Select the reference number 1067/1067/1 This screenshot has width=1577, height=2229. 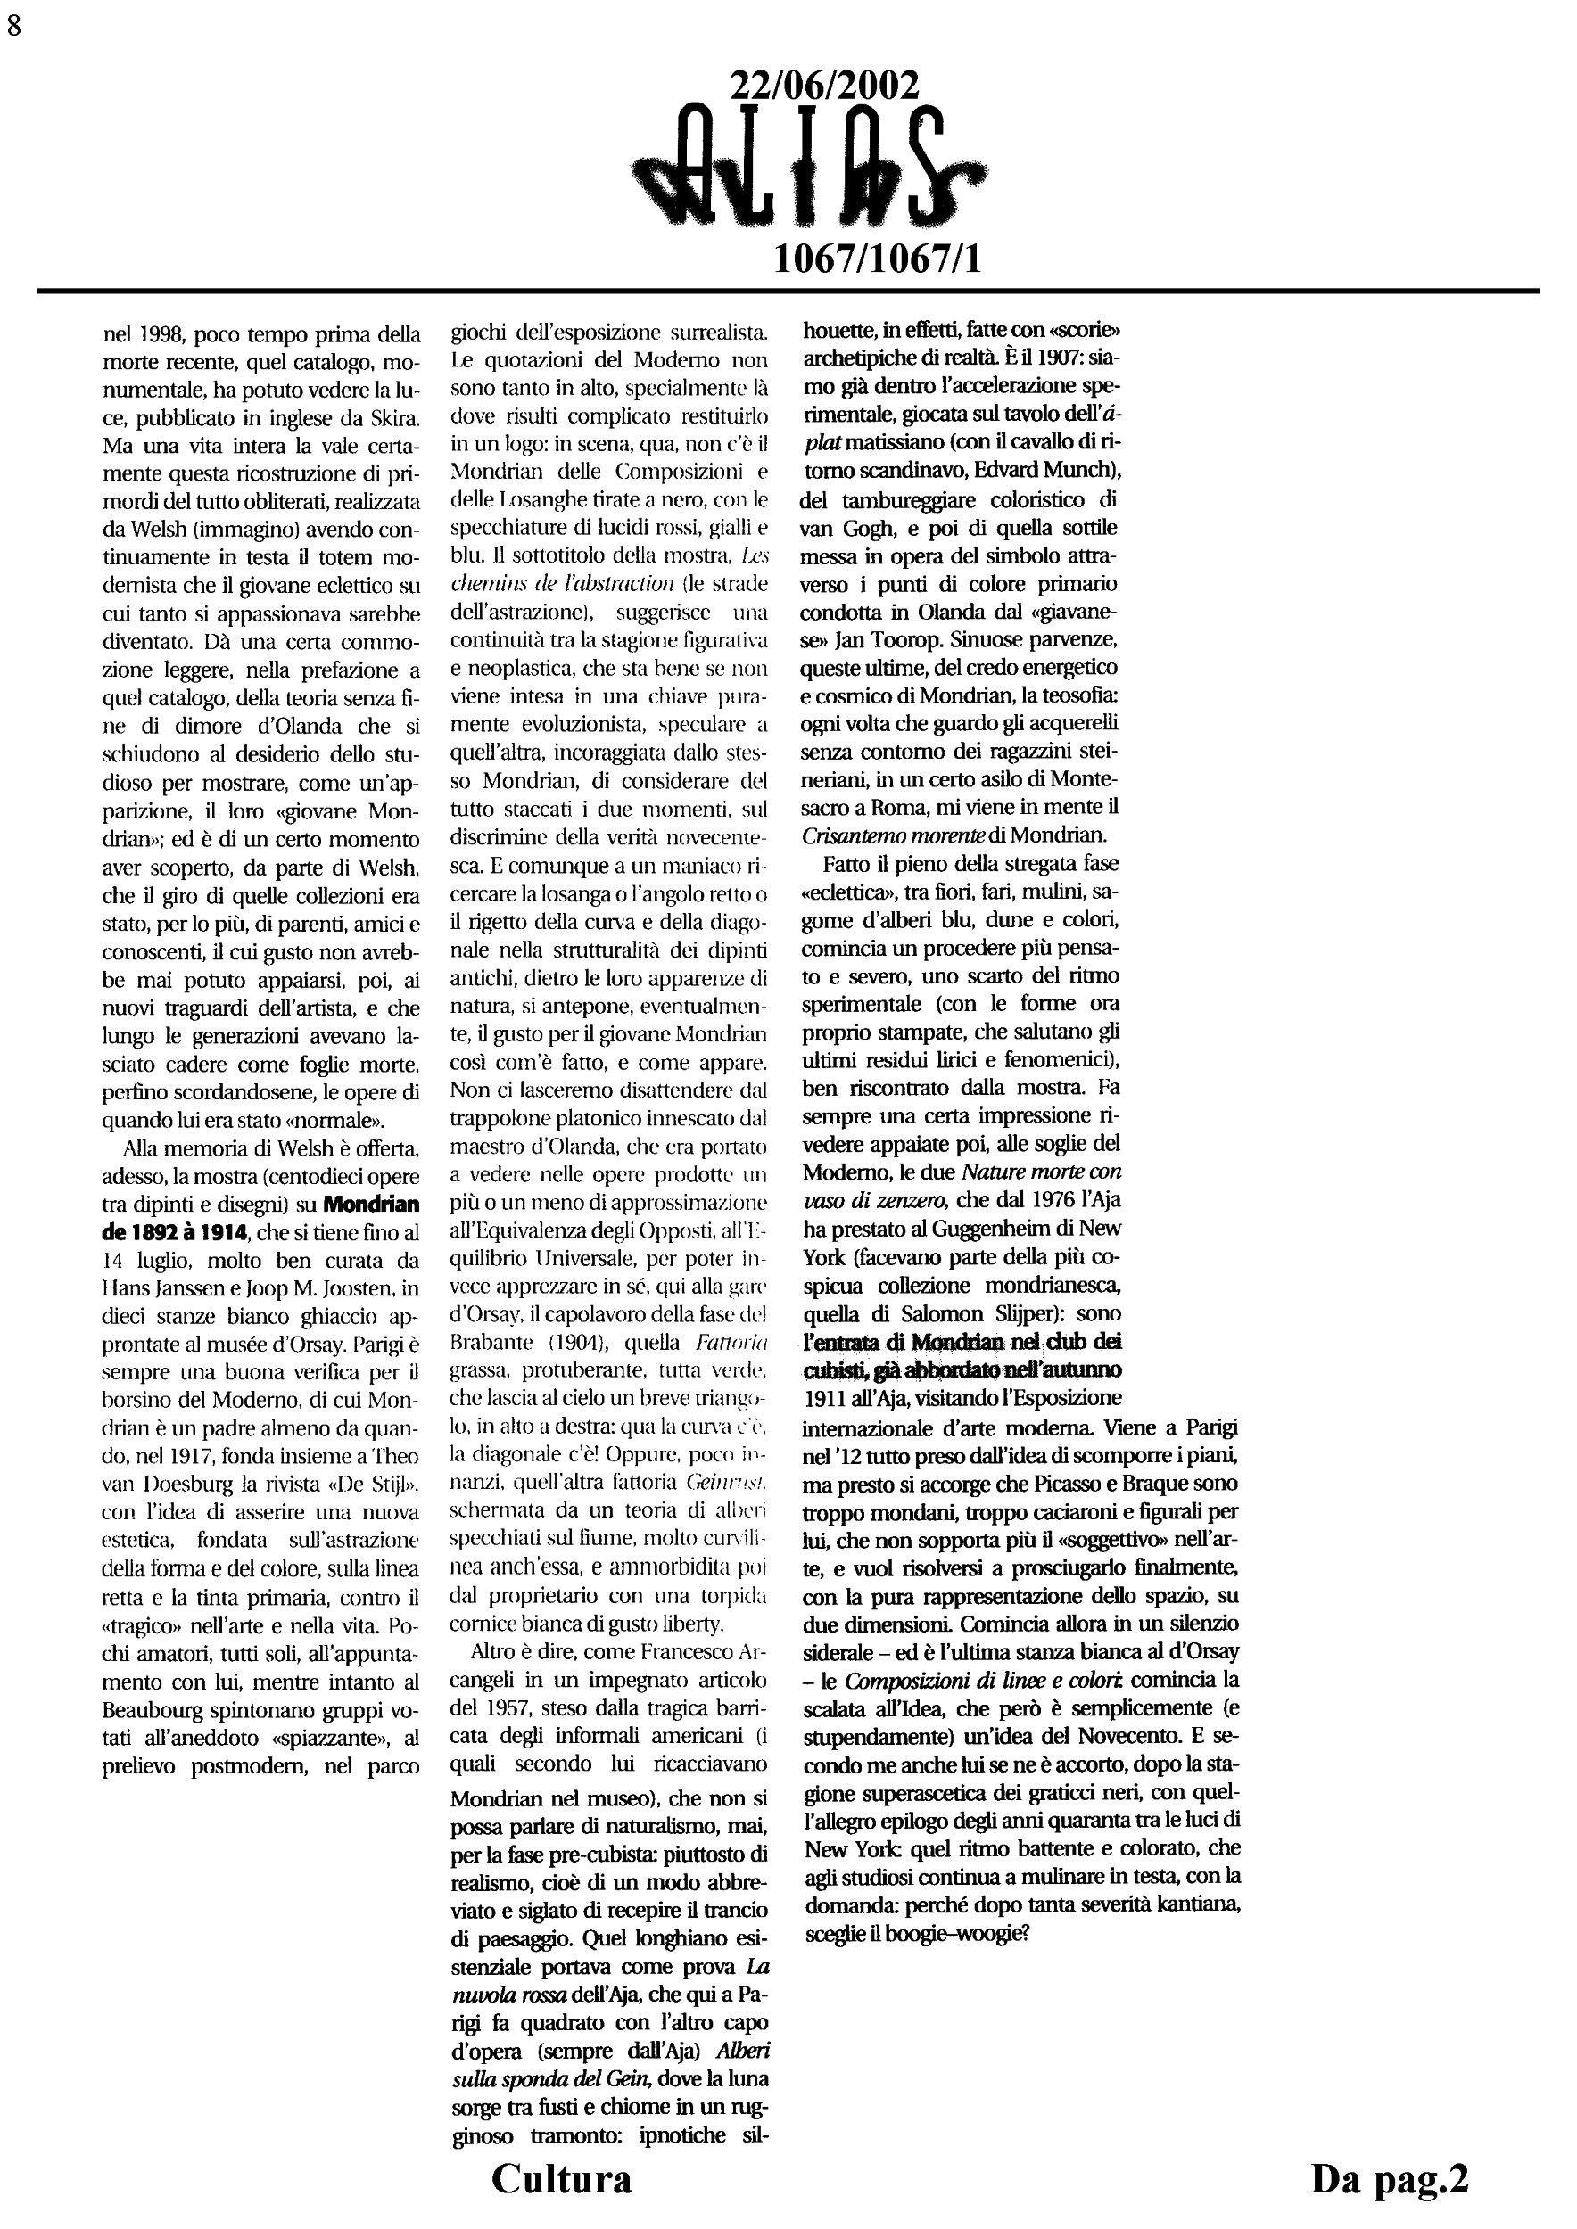pyautogui.click(x=877, y=259)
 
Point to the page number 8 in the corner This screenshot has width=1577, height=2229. pyautogui.click(x=13, y=26)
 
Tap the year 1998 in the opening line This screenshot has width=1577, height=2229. pyautogui.click(x=161, y=336)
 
